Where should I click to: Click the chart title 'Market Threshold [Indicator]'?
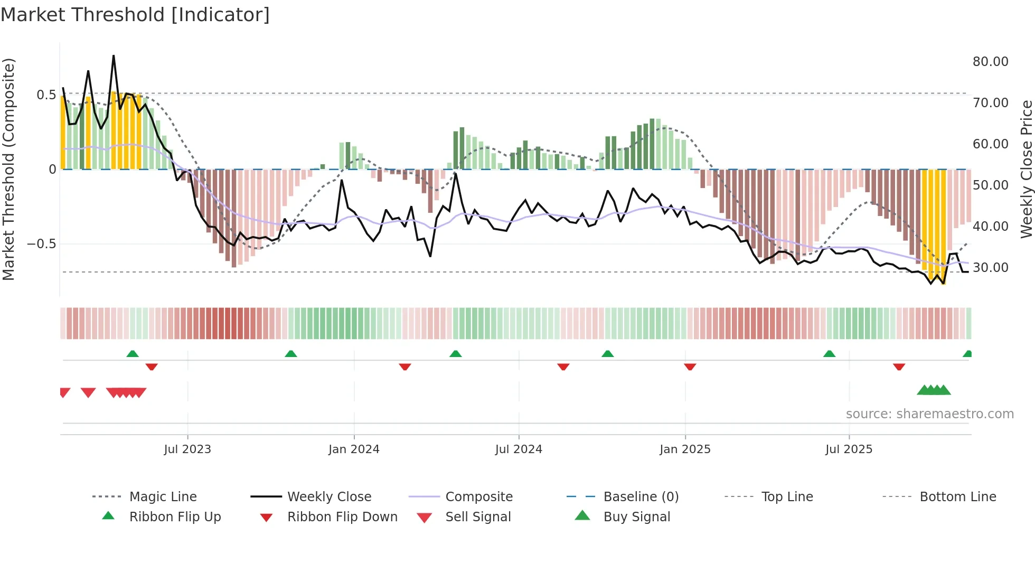135,15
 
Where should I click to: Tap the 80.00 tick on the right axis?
990,62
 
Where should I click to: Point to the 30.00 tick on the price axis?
990,268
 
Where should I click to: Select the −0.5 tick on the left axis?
41,244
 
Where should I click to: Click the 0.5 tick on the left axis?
46,95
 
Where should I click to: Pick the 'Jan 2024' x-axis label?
354,449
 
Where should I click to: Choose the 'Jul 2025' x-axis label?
849,449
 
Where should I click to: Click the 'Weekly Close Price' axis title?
1026,169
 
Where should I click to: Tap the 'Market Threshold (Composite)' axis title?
8,169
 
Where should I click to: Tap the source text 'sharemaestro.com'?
929,414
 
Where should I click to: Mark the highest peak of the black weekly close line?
114,56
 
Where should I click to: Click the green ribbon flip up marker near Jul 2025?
829,354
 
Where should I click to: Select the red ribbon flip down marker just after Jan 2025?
690,366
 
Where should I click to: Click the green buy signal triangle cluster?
934,390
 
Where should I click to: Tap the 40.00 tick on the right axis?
990,227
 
